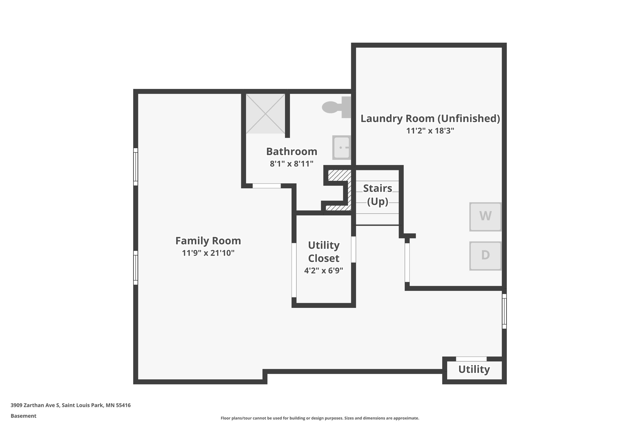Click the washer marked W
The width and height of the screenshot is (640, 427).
tap(485, 216)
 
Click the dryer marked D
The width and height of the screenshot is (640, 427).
tap(485, 256)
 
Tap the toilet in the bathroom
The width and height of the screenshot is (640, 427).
tap(336, 107)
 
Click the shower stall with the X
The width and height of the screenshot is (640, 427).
tap(265, 114)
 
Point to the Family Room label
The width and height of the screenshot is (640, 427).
tap(208, 241)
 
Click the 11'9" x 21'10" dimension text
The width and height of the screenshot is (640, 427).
tap(208, 253)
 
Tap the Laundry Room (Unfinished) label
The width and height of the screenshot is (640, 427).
tap(430, 119)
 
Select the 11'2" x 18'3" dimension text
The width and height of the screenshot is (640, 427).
tap(430, 131)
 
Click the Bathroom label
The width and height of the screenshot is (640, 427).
tap(292, 151)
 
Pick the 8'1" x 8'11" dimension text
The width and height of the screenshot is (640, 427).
tap(292, 164)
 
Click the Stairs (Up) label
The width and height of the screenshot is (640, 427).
tap(377, 195)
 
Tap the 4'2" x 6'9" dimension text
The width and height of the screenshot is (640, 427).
tap(323, 271)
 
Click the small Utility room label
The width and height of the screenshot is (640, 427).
tap(474, 369)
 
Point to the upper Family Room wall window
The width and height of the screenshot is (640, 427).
tap(136, 167)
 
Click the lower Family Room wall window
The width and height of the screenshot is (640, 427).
tap(136, 268)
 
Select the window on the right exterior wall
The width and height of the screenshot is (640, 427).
tap(504, 311)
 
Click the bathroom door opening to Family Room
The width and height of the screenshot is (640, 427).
tap(267, 186)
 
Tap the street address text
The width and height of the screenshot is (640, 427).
tap(71, 405)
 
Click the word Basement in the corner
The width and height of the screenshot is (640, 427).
tap(23, 416)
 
